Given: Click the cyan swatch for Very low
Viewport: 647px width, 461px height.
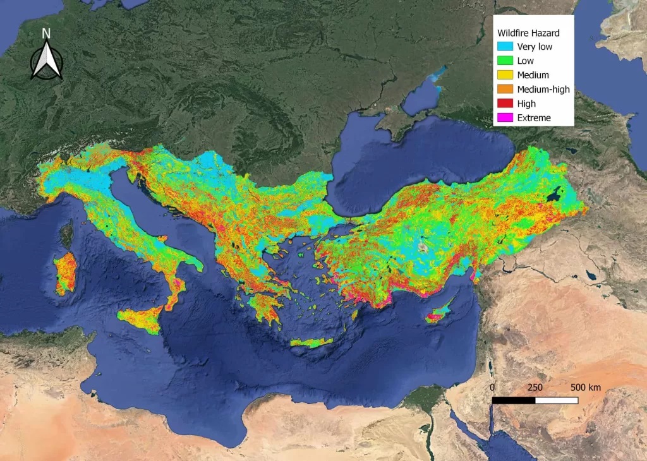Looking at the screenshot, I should [x=505, y=47].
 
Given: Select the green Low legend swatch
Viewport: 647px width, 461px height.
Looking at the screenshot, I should [x=505, y=61].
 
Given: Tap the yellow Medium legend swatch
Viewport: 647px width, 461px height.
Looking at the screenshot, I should [x=505, y=75].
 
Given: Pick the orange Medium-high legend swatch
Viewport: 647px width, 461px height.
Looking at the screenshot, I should [x=505, y=89].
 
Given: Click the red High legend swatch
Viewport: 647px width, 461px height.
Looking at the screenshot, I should [x=505, y=104].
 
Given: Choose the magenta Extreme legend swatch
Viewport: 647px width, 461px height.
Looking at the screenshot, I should [x=505, y=117].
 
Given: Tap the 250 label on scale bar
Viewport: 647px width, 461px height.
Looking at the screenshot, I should [x=535, y=387].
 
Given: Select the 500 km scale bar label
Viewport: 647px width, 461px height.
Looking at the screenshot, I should [x=585, y=387].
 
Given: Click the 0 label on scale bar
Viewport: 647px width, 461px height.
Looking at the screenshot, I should [x=492, y=387].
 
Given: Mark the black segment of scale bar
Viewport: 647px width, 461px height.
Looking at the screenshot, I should [x=514, y=400].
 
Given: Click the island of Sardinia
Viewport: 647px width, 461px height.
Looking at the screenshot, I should [x=64, y=275].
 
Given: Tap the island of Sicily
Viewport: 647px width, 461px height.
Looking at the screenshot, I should [x=143, y=320].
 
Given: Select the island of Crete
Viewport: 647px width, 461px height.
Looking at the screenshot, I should [x=311, y=342].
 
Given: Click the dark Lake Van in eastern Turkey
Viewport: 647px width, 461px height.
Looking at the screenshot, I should [x=556, y=195].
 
